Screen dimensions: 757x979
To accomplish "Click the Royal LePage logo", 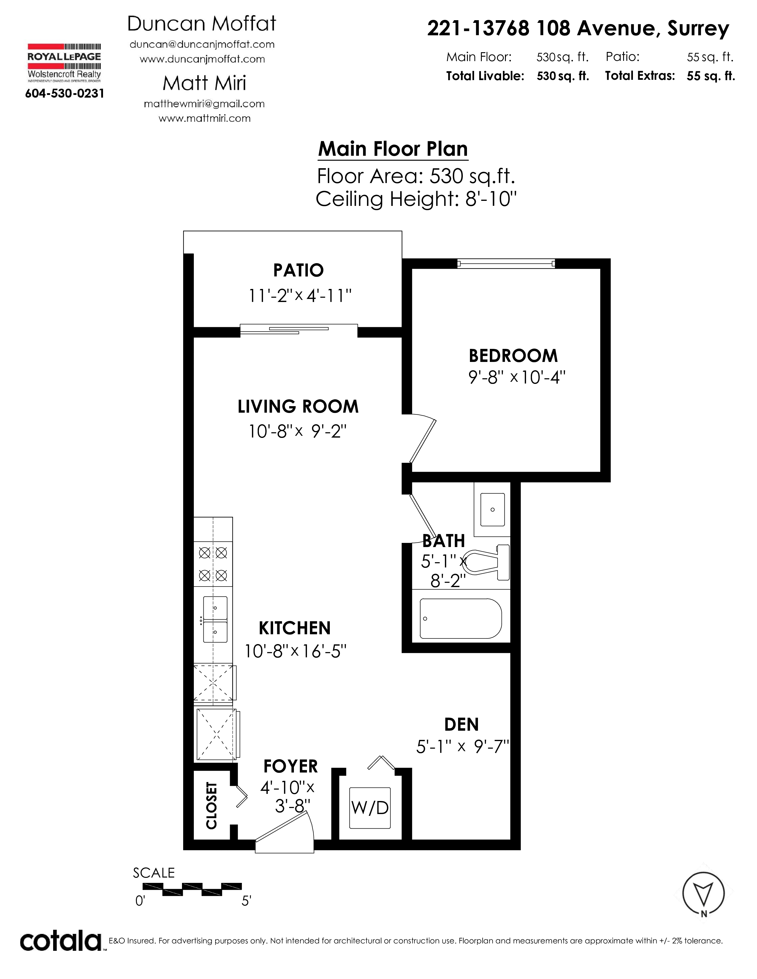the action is (64, 63).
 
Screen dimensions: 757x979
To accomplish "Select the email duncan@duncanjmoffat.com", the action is (202, 44).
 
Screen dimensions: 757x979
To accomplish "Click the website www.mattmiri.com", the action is (205, 118).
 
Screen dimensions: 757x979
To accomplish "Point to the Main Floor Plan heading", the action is (393, 149).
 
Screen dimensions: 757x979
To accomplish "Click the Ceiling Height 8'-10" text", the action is (416, 198).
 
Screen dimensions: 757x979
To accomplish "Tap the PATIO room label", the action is (298, 270).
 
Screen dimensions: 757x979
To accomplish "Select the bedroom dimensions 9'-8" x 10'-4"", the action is (517, 377).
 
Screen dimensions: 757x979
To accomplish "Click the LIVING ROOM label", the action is (298, 406).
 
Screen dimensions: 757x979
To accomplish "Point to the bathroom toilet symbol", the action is (487, 562).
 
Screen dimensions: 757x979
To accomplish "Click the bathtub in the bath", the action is (460, 619).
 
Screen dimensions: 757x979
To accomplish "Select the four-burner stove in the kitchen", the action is (213, 564).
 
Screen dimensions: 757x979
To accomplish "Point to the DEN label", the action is (461, 725).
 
